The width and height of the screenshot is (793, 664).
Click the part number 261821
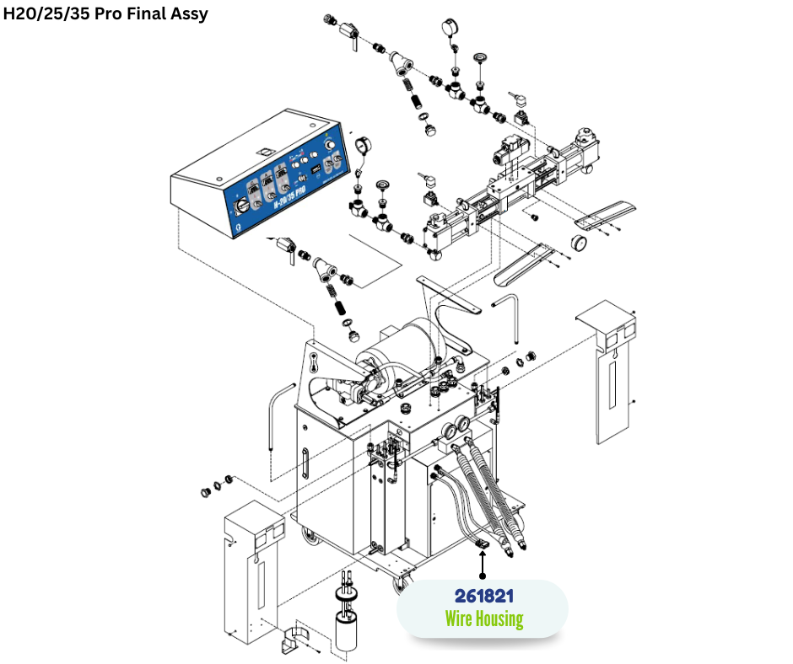click(x=482, y=597)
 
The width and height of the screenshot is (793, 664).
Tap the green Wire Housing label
click(x=483, y=619)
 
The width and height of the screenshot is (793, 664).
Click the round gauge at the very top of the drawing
click(x=447, y=28)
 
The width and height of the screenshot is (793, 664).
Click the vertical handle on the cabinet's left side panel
click(x=305, y=463)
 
